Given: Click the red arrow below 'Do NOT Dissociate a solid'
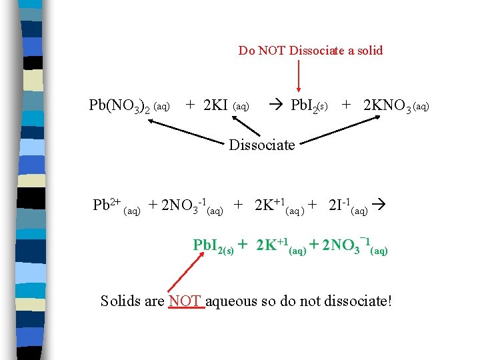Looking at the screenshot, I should coord(298,75).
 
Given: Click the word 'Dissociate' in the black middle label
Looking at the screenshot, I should coord(261,145).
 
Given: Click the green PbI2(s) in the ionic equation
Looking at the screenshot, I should coord(213,246).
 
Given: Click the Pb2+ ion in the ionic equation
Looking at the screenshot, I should coord(107,205).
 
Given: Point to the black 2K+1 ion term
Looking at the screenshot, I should coord(271,205).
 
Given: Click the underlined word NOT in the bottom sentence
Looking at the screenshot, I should coord(186,301).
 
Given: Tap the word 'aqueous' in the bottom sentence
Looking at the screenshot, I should coord(233,301).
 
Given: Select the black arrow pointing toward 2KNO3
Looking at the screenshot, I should coord(339,130).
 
